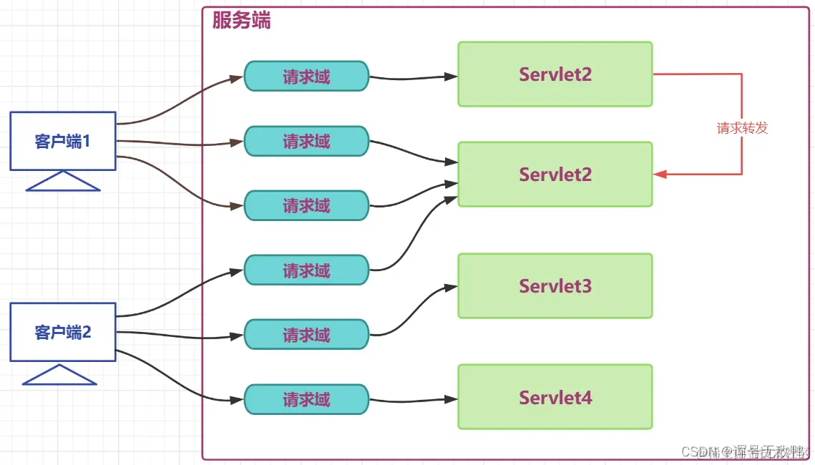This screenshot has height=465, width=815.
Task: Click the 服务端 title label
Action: (241, 21)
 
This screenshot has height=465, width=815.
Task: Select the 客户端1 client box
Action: (63, 141)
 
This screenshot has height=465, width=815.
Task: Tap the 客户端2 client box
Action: (63, 332)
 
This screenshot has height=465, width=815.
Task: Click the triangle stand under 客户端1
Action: (63, 182)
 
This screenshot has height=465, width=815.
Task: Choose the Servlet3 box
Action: (555, 286)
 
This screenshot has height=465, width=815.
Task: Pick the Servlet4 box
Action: (555, 397)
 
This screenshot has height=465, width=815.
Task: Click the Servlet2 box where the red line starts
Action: (555, 74)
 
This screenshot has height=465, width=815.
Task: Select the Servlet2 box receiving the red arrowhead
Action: (555, 175)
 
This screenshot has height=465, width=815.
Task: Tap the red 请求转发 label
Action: (742, 128)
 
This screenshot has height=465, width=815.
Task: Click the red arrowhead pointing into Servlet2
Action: (660, 175)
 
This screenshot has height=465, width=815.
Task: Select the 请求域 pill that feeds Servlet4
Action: (306, 399)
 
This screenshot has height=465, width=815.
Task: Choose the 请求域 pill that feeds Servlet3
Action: (306, 334)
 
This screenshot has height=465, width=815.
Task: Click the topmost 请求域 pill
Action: (306, 77)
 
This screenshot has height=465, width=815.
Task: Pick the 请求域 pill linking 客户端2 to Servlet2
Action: (306, 270)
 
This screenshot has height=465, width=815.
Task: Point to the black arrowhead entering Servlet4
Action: (452, 398)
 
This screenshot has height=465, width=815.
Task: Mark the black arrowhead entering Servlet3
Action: (451, 288)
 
